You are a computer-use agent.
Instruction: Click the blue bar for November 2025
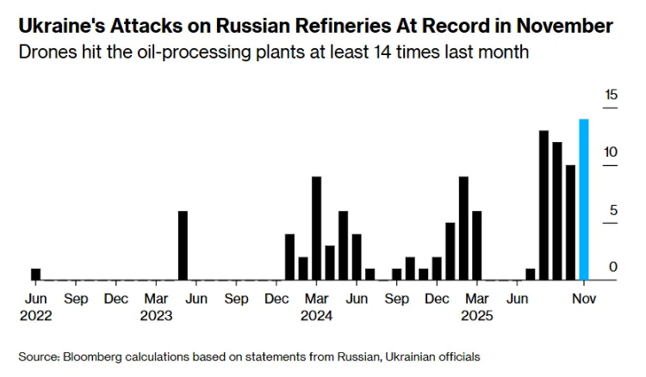(x=583, y=200)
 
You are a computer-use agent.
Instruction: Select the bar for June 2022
(x=35, y=275)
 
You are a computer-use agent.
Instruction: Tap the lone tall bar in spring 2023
(x=183, y=245)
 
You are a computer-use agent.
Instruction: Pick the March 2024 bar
(x=316, y=228)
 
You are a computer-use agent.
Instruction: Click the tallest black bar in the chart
(x=544, y=205)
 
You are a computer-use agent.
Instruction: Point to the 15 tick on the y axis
(x=611, y=95)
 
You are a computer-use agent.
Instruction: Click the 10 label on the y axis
(x=611, y=152)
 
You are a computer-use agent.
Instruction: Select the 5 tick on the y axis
(x=613, y=210)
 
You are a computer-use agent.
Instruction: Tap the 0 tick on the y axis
(x=613, y=268)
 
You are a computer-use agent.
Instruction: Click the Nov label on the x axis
(x=584, y=299)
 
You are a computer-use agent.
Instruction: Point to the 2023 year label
(x=157, y=315)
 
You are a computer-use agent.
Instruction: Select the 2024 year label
(x=316, y=315)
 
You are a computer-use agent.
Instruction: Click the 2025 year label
(x=476, y=315)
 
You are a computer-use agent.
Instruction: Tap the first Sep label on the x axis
(x=76, y=299)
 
